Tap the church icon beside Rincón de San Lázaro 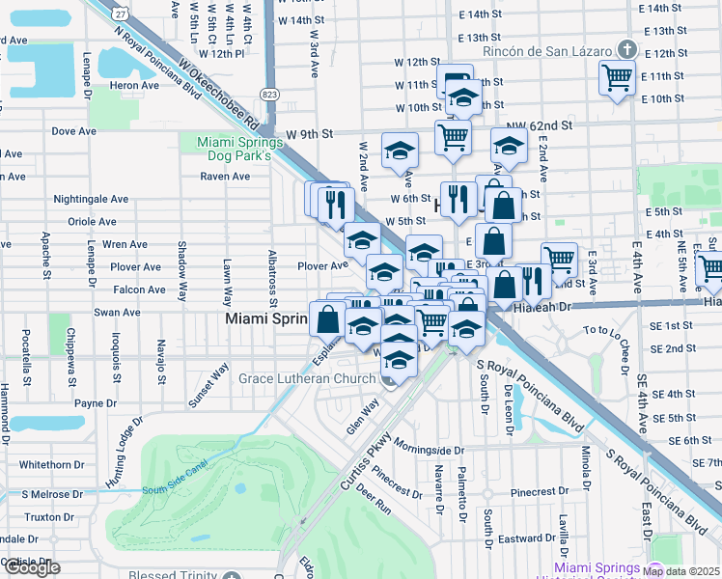626,49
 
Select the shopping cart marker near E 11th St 616,77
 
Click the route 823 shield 269,94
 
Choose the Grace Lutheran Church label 308,378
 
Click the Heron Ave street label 134,85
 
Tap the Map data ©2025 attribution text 680,571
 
